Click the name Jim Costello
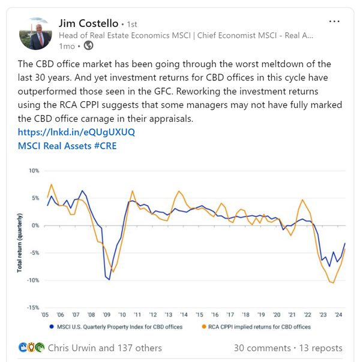[x=88, y=23]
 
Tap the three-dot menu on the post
[x=335, y=22]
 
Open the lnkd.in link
[x=76, y=132]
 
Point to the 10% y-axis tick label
[x=34, y=171]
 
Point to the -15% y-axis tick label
[x=32, y=307]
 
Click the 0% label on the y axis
[x=35, y=225]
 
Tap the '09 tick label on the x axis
[x=106, y=315]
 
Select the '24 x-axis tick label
[x=338, y=315]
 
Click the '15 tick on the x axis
[x=199, y=315]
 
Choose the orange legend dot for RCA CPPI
[x=205, y=327]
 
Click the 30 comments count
[x=258, y=348]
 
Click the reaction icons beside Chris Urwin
[x=32, y=348]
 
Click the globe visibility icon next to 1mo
[x=88, y=46]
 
